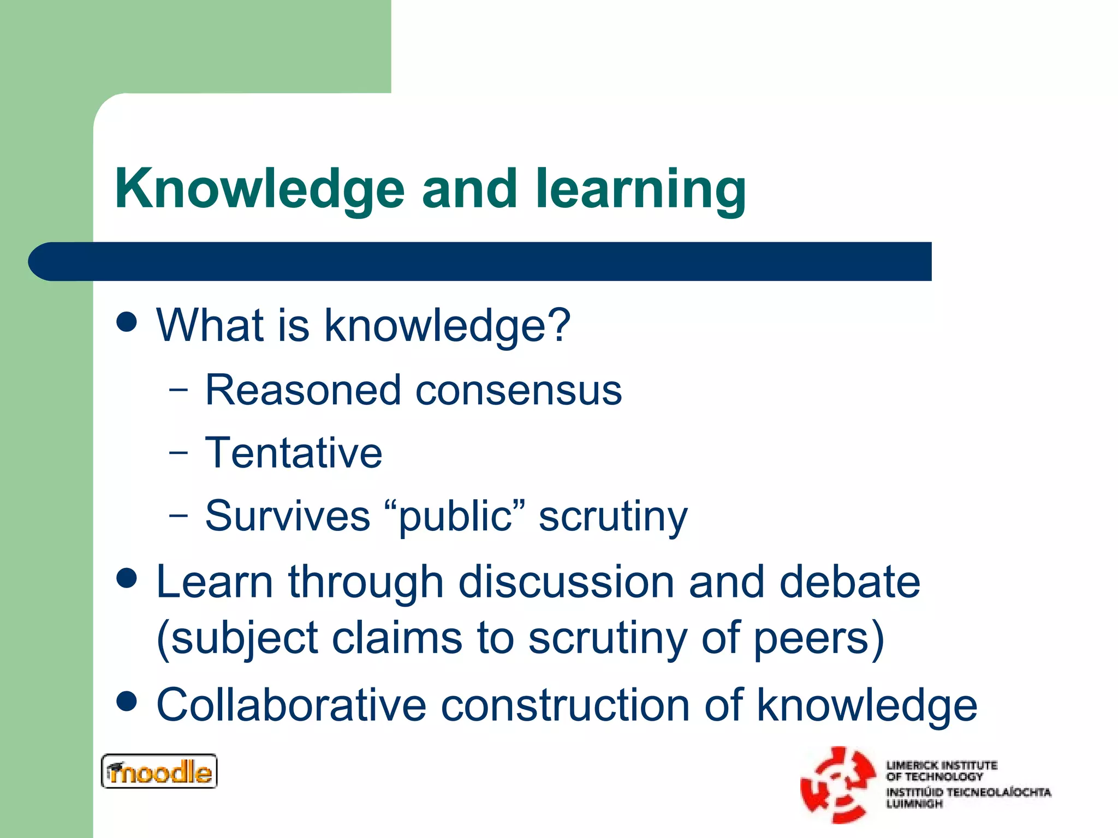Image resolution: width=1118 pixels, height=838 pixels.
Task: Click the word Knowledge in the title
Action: click(x=259, y=189)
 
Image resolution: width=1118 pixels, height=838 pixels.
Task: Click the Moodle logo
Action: click(x=159, y=771)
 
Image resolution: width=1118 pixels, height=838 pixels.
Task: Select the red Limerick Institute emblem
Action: click(x=837, y=785)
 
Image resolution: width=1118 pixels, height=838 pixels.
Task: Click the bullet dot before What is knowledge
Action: click(x=127, y=322)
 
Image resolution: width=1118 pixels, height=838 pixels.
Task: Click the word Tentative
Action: click(x=294, y=453)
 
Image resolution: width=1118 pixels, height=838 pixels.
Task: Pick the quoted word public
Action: click(x=455, y=516)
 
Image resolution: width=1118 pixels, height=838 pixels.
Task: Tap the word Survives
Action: click(x=288, y=516)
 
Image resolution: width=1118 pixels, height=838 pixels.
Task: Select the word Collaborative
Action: click(x=291, y=705)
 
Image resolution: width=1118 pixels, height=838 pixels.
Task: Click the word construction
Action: click(x=565, y=705)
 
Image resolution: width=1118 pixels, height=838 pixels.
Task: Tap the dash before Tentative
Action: click(x=178, y=452)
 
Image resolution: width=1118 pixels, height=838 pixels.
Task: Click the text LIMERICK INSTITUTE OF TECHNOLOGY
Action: click(x=941, y=770)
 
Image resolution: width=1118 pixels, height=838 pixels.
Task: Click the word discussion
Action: click(x=566, y=582)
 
